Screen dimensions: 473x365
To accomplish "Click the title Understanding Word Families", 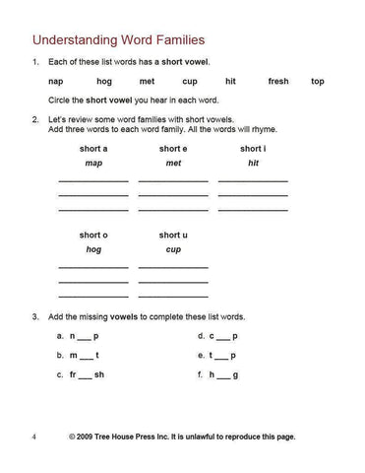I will (x=119, y=40).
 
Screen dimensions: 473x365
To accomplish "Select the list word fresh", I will (x=278, y=82).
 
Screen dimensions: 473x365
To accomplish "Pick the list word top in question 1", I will (x=317, y=82).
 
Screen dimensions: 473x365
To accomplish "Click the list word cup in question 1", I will (x=189, y=82).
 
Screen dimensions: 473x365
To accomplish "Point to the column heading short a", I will (x=93, y=149).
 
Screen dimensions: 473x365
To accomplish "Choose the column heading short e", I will (x=173, y=149).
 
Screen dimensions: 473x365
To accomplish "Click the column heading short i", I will (x=253, y=149).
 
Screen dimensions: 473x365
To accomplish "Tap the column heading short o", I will (x=93, y=236).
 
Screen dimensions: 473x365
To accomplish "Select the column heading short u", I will (x=173, y=236).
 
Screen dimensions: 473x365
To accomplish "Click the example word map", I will (x=93, y=163).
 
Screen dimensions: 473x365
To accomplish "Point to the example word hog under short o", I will (x=93, y=249).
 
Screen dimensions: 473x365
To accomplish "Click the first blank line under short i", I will (x=253, y=181).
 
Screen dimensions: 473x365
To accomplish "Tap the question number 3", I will (x=34, y=317).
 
